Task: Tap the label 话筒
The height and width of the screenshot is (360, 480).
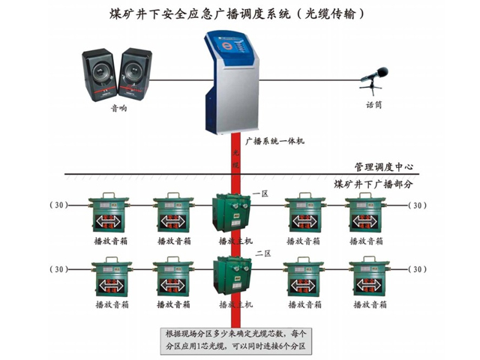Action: point(373,105)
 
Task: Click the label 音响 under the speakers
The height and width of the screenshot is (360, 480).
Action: point(118,108)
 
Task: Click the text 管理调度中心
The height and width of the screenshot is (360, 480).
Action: point(384,166)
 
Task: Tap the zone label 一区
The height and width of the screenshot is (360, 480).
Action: point(260,193)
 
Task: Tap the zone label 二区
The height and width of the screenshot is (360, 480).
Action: point(260,254)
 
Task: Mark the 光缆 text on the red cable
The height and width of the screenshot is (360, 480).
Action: point(235,161)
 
